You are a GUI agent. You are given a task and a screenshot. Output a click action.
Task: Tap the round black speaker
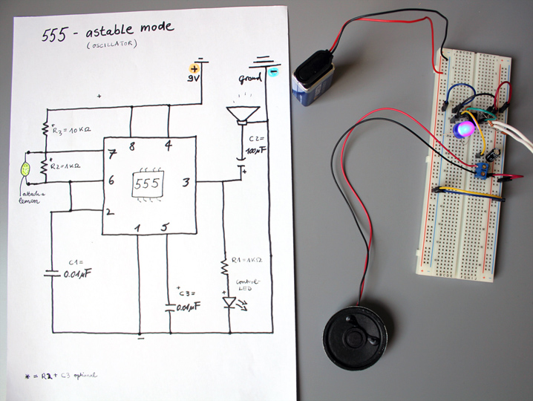(x=355, y=339)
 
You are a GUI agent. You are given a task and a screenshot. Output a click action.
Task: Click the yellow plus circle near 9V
(x=196, y=68)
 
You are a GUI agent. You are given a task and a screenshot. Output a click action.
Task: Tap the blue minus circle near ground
(x=273, y=72)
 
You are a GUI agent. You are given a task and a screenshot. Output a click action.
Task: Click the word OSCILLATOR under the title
(x=111, y=46)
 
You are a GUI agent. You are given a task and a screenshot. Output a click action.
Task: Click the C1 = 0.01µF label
(x=81, y=268)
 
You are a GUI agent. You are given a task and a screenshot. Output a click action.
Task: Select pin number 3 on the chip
(x=186, y=180)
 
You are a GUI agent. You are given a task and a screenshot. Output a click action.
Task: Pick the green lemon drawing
(x=27, y=169)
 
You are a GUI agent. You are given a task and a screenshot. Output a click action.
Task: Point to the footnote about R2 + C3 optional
(x=61, y=375)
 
